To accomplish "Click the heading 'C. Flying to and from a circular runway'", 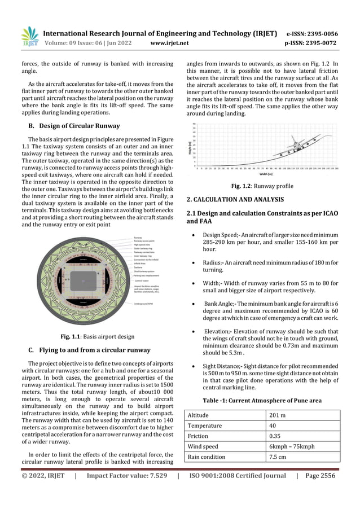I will (x=85, y=350).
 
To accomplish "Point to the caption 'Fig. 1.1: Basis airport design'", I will (x=91, y=337).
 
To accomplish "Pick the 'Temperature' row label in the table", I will (x=205, y=426).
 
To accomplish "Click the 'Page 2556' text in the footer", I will (x=321, y=476).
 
